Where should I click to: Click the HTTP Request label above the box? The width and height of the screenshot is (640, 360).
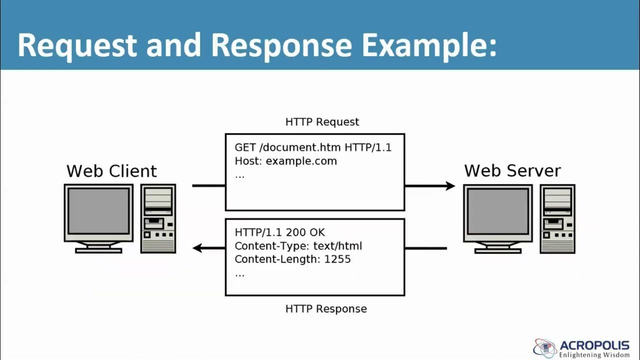tap(322, 122)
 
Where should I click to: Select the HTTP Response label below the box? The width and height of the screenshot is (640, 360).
tap(326, 309)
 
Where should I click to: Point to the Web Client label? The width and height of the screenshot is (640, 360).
tap(111, 171)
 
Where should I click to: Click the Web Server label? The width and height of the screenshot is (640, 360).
tap(512, 170)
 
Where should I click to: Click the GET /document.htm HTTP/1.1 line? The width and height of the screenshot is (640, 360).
tap(313, 147)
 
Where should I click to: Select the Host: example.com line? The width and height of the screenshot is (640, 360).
tap(285, 161)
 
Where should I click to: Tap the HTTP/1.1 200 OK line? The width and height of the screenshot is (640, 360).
tap(279, 232)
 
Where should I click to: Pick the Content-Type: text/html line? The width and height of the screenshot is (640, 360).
tap(298, 246)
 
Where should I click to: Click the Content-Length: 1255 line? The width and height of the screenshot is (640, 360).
tap(292, 259)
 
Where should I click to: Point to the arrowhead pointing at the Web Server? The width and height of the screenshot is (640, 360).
tap(449, 186)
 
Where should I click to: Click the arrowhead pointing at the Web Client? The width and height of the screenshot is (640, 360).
tap(198, 248)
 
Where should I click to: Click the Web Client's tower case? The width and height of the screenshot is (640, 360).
tap(158, 218)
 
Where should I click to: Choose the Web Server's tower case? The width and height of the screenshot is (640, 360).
tap(557, 218)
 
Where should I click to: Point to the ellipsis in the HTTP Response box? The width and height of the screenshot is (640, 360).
tap(239, 274)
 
